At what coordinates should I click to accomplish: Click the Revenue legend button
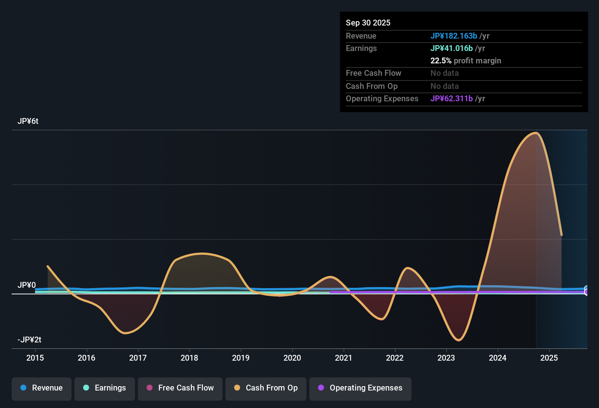pos(42,388)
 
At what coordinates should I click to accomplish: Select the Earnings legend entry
pos(105,388)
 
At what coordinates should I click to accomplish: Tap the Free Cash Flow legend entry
pos(180,388)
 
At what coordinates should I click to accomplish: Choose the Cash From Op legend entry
pos(266,388)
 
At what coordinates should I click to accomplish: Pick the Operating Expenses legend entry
pos(360,388)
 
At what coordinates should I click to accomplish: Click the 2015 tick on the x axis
pos(35,358)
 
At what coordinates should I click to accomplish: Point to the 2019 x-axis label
pos(241,358)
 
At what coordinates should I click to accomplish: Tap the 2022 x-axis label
pos(395,358)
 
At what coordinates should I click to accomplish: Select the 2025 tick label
pos(549,358)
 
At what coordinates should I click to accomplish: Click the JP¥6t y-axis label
pos(28,121)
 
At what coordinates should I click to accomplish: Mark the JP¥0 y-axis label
pos(27,285)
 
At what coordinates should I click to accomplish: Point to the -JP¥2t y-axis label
pos(29,340)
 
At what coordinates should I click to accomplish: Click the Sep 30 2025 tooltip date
pos(368,23)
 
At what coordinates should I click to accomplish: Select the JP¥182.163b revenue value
pos(453,36)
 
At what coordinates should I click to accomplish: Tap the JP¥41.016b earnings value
pos(451,48)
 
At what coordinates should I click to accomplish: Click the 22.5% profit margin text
pos(465,60)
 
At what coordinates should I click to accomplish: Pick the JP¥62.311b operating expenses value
pos(451,98)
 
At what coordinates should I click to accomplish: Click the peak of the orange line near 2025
pos(536,133)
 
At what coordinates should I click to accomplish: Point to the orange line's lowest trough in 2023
pos(459,340)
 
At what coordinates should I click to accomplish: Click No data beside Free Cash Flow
pos(444,73)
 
